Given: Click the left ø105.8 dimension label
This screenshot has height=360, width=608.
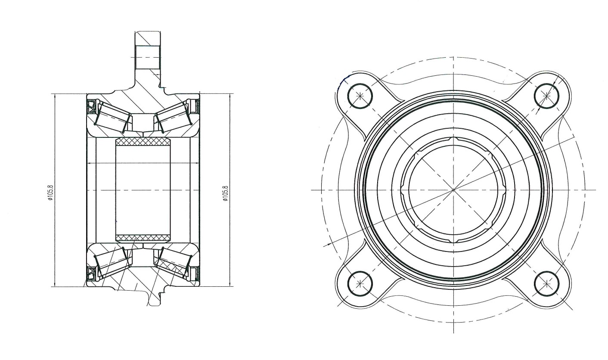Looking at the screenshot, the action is (x=51, y=193).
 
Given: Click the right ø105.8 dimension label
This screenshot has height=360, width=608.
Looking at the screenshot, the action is (x=225, y=193).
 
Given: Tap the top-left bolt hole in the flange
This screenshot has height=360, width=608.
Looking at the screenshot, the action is (x=360, y=96).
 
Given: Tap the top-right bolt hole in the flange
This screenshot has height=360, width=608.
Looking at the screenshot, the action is (x=546, y=96).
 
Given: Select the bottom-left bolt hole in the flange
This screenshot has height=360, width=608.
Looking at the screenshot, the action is (x=360, y=283).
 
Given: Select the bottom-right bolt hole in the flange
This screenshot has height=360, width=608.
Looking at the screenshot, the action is (x=546, y=283).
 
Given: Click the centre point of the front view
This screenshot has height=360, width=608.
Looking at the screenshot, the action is (x=453, y=190).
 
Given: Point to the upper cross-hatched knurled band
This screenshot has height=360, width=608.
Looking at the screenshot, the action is (x=143, y=142).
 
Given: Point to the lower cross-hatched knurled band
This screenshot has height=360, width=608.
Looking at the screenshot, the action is (x=143, y=238).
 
